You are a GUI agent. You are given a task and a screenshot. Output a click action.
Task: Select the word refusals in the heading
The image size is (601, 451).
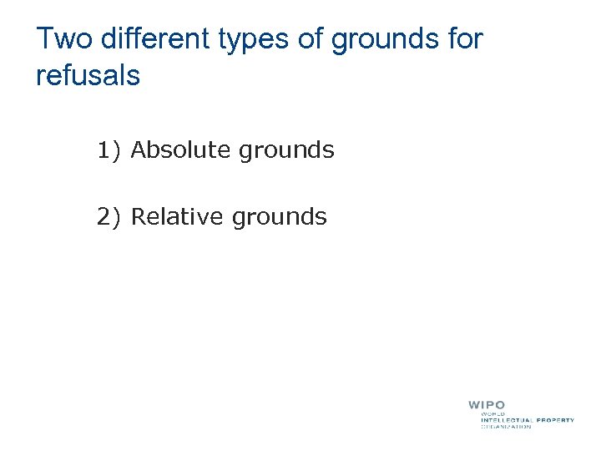tap(88, 76)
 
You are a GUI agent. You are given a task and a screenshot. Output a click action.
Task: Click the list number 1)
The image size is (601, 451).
tap(109, 150)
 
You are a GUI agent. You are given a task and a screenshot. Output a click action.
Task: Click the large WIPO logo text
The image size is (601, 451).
tap(487, 406)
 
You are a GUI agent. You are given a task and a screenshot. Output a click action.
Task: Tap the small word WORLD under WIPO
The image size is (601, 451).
tap(492, 413)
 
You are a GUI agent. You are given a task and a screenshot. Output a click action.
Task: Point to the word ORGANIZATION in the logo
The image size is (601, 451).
tap(506, 427)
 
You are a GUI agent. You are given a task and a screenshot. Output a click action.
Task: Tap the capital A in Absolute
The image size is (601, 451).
tap(139, 150)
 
